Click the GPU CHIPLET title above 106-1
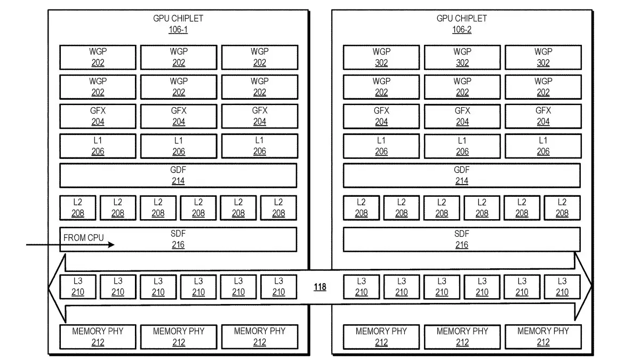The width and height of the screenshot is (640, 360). coord(178,19)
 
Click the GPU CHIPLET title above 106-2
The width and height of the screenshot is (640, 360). coord(461,19)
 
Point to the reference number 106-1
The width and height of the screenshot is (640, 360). coord(178,29)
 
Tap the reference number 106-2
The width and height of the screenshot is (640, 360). coord(461,29)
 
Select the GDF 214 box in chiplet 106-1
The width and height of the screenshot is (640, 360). coord(178,175)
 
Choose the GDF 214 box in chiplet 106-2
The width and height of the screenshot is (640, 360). coord(462,175)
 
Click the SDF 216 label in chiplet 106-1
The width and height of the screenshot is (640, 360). coord(178,239)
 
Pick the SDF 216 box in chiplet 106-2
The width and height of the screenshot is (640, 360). coord(462,239)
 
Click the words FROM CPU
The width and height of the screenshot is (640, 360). coord(83,238)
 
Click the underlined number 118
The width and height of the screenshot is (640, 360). coord(320,287)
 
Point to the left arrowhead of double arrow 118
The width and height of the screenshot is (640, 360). coord(49,288)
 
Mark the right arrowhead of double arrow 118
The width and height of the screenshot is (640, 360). coord(591,285)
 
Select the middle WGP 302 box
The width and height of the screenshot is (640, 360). coord(462,57)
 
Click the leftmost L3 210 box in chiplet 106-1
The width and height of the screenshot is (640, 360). coord(78,287)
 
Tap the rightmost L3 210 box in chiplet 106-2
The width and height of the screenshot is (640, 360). coord(562,287)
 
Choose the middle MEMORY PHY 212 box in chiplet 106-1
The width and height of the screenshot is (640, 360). coord(179,337)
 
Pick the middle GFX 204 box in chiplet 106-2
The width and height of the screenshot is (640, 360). coord(462,116)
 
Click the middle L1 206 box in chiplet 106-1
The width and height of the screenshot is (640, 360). coord(179,146)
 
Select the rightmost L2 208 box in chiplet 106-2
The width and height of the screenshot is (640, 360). coord(562,207)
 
